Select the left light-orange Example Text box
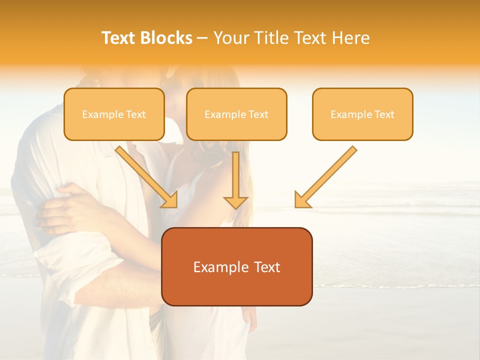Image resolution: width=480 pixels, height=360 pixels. [114, 114]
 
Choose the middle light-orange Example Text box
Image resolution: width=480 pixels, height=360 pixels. [236, 114]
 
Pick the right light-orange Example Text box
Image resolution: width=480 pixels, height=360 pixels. [362, 114]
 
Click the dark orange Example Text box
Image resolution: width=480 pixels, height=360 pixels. [236, 266]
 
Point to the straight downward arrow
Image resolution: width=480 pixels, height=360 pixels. [235, 180]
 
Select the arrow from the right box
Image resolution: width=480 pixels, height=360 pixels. [325, 177]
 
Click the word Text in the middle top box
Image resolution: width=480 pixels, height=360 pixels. [258, 114]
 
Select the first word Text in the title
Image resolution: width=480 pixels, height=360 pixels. [119, 38]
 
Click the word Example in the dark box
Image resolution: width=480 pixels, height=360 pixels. [218, 267]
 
